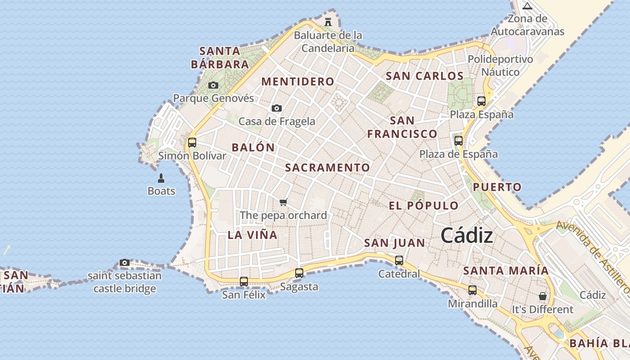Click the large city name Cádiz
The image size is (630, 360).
coord(467,235)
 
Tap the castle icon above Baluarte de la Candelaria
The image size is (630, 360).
coord(328,21)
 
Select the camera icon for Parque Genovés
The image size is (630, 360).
coord(213,85)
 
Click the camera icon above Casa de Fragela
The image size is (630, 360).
coord(277,108)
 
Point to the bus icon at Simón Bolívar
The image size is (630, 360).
coord(192,143)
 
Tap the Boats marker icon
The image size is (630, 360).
coord(161,178)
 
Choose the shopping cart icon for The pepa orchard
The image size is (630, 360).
coord(283,202)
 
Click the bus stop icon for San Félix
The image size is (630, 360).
coord(244,282)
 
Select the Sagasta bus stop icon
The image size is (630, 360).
coord(299,273)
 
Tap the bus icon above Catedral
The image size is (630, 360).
coord(399,260)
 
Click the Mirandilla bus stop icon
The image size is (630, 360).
coord(472,290)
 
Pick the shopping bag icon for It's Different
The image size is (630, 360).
coord(543,296)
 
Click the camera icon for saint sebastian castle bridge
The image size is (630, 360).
coord(125,262)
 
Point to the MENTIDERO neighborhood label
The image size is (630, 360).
coord(298,81)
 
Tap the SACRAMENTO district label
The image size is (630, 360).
coord(327,168)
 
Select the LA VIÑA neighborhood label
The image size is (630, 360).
coord(252,235)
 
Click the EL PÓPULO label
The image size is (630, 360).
coord(423,206)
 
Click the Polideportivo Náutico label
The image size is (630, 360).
coord(500,66)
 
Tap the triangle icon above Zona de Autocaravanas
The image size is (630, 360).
coord(527,6)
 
